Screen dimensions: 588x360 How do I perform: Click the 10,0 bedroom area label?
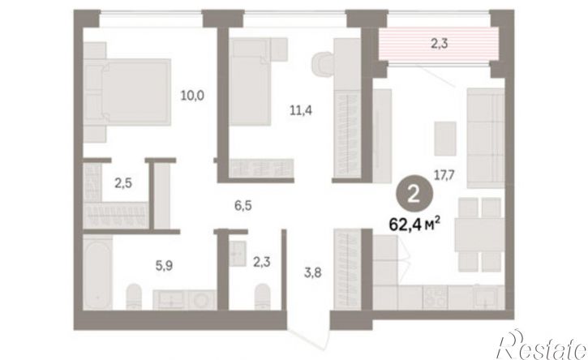tap(192, 96)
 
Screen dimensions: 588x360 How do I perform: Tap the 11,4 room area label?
tap(301, 110)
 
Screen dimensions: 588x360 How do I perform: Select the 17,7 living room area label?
tap(444, 175)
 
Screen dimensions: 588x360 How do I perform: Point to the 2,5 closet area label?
tap(123, 183)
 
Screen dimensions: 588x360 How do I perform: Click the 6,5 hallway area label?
tap(243, 205)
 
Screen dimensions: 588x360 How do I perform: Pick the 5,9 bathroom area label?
tap(165, 266)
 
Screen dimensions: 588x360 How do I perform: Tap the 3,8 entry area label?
tap(312, 272)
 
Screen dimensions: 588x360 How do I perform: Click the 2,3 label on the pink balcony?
tap(439, 44)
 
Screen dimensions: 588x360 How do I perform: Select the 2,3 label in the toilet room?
tap(261, 262)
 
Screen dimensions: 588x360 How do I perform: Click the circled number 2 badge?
tap(414, 195)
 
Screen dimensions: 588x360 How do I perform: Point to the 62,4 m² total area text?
tap(414, 225)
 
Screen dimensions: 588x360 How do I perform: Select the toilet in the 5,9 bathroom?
tap(134, 296)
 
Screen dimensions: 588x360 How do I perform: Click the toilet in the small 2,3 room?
tap(262, 296)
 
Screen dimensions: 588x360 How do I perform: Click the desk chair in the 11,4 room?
tap(322, 64)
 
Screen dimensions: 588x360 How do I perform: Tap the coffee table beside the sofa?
tap(445, 139)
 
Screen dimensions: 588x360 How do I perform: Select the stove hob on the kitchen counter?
tap(435, 298)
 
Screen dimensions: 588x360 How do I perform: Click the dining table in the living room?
tap(479, 235)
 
